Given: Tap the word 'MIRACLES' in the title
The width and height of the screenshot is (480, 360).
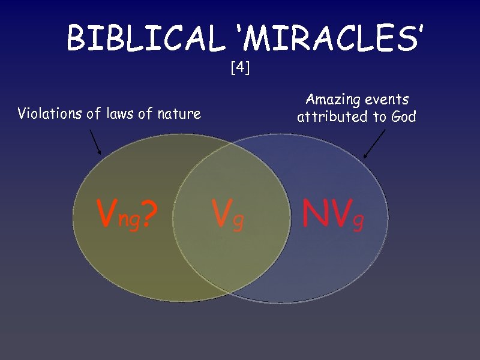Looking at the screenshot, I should (329, 38).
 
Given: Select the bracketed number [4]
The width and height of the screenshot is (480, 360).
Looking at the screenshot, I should (240, 68).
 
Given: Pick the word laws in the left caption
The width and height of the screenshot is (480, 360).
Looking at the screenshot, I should (117, 113).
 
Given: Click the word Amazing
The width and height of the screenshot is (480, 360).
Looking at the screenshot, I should (332, 99).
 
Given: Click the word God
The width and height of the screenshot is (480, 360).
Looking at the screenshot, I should (402, 116).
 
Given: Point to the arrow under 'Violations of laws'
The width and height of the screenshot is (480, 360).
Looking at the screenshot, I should (95, 142).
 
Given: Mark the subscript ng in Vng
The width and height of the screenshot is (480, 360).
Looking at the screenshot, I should (130, 220).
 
